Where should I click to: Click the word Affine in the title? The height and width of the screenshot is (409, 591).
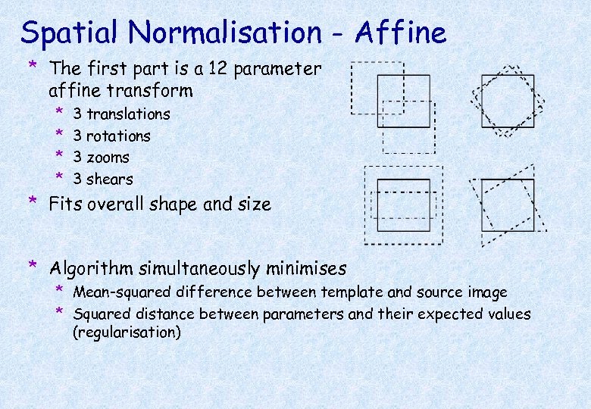[401, 33]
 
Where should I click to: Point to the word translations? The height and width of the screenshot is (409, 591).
[128, 114]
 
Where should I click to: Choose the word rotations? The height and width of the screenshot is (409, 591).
[118, 136]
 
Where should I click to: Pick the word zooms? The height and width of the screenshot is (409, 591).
[108, 158]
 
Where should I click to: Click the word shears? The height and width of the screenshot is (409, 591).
[110, 180]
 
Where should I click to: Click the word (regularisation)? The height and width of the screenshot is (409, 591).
[127, 333]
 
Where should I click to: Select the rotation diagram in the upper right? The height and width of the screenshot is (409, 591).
[508, 101]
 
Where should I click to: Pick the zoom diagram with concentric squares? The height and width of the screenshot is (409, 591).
[403, 204]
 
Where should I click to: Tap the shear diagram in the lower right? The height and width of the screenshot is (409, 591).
[507, 205]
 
